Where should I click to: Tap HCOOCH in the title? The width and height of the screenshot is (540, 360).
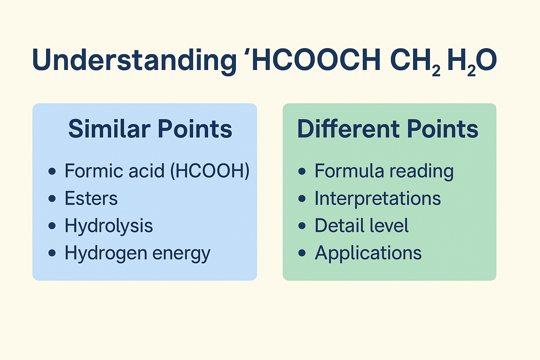pos(316,60)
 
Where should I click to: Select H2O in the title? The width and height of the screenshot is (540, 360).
pos(472,62)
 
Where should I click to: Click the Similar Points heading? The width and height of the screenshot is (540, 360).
pos(150,129)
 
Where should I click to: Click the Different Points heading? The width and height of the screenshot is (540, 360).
pos(388,129)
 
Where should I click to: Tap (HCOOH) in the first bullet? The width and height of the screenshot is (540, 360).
pos(210,171)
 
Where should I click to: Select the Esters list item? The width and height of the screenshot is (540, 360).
pos(91,198)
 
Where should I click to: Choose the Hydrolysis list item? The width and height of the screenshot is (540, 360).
pos(109,226)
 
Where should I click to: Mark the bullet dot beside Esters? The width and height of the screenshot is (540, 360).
pos(52,198)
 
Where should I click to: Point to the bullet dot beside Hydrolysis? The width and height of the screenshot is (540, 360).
pos(52,226)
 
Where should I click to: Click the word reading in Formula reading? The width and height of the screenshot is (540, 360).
pos(422,172)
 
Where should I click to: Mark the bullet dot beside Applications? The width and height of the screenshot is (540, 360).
pos(302,253)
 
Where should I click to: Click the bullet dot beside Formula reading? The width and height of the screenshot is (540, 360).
pos(302,171)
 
